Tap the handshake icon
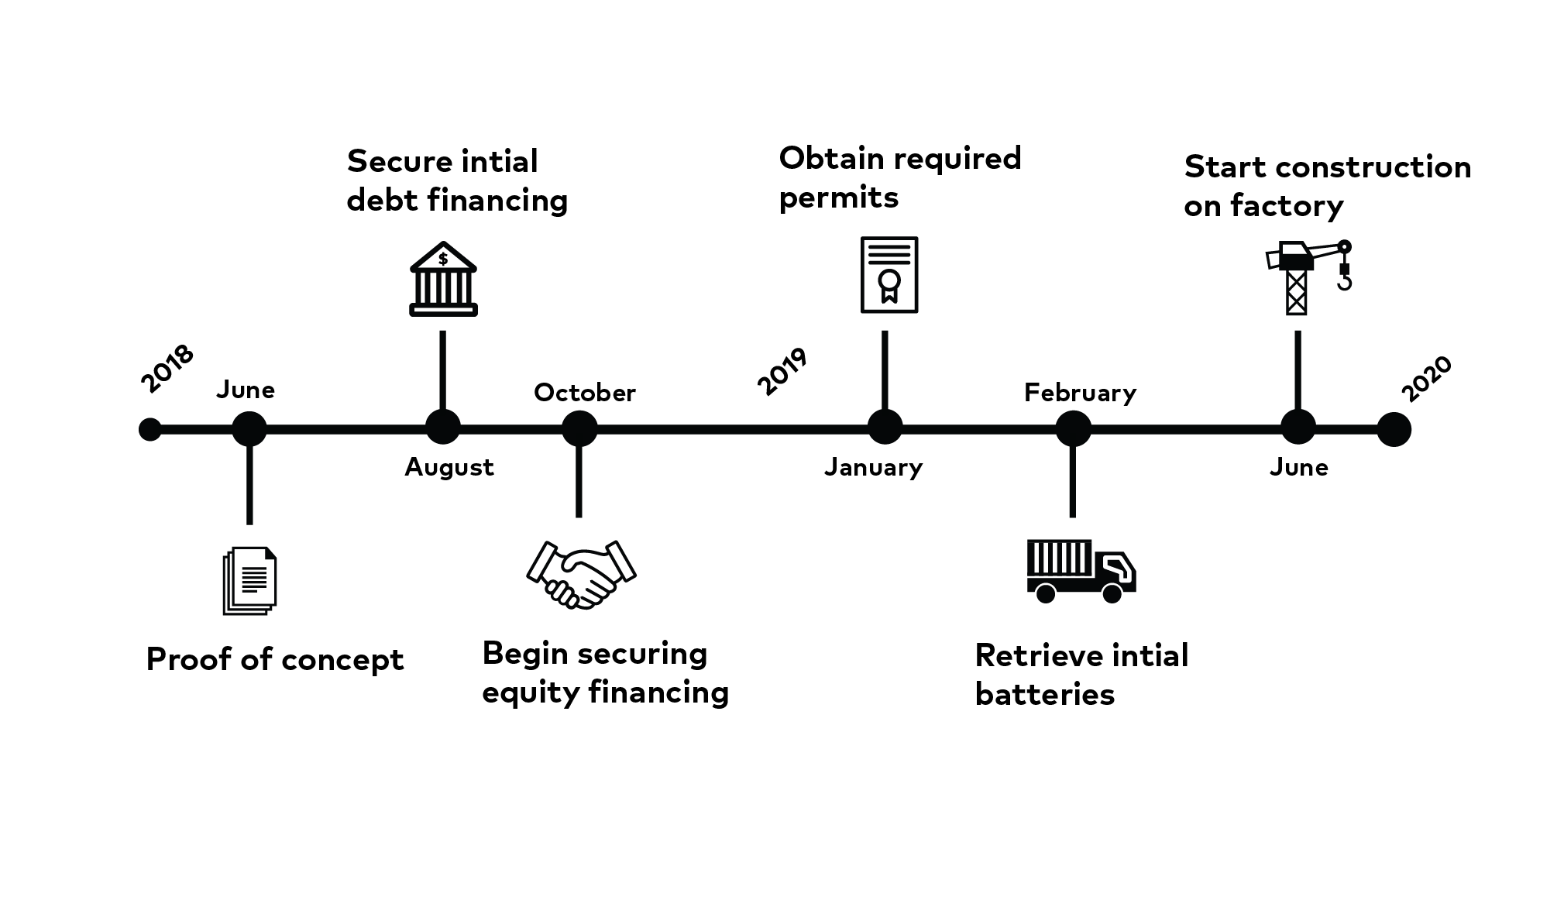(581, 574)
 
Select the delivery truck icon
(1081, 572)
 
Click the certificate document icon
(889, 275)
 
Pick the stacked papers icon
(249, 581)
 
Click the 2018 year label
(167, 368)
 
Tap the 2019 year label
(782, 371)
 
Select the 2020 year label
(1427, 379)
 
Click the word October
(585, 393)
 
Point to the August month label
(449, 467)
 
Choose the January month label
(873, 467)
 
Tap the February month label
(1080, 393)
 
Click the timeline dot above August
(443, 427)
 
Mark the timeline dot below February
(1074, 428)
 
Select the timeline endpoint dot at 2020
(1394, 429)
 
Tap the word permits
(838, 198)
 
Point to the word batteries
(1044, 694)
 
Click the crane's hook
(1344, 281)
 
